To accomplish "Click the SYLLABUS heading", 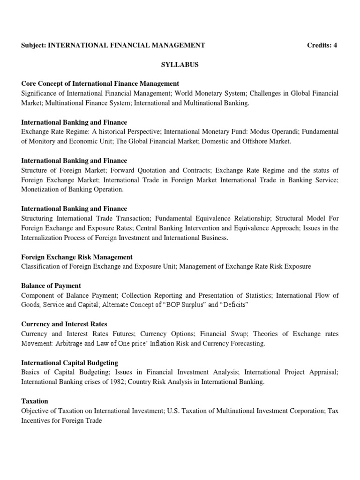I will [180, 65].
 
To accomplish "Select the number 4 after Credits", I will [335, 45].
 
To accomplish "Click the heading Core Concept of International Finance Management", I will [100, 84].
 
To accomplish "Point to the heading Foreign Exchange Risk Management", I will [77, 257].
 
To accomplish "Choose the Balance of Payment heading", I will [51, 285].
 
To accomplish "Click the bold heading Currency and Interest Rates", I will [64, 324].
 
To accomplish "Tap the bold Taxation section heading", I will [35, 401].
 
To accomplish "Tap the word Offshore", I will [254, 142].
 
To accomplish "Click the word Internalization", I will [43, 238].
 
